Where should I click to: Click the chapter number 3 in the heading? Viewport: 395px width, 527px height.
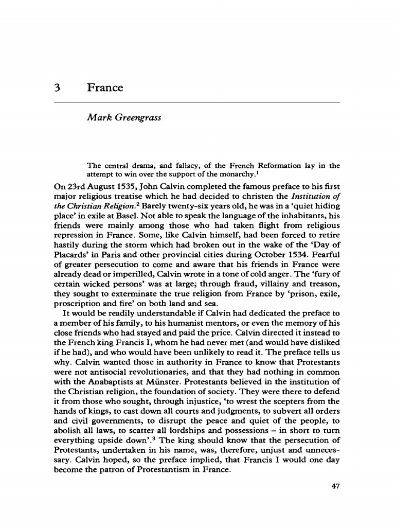tap(58, 87)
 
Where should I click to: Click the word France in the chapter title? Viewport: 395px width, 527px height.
tap(105, 87)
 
